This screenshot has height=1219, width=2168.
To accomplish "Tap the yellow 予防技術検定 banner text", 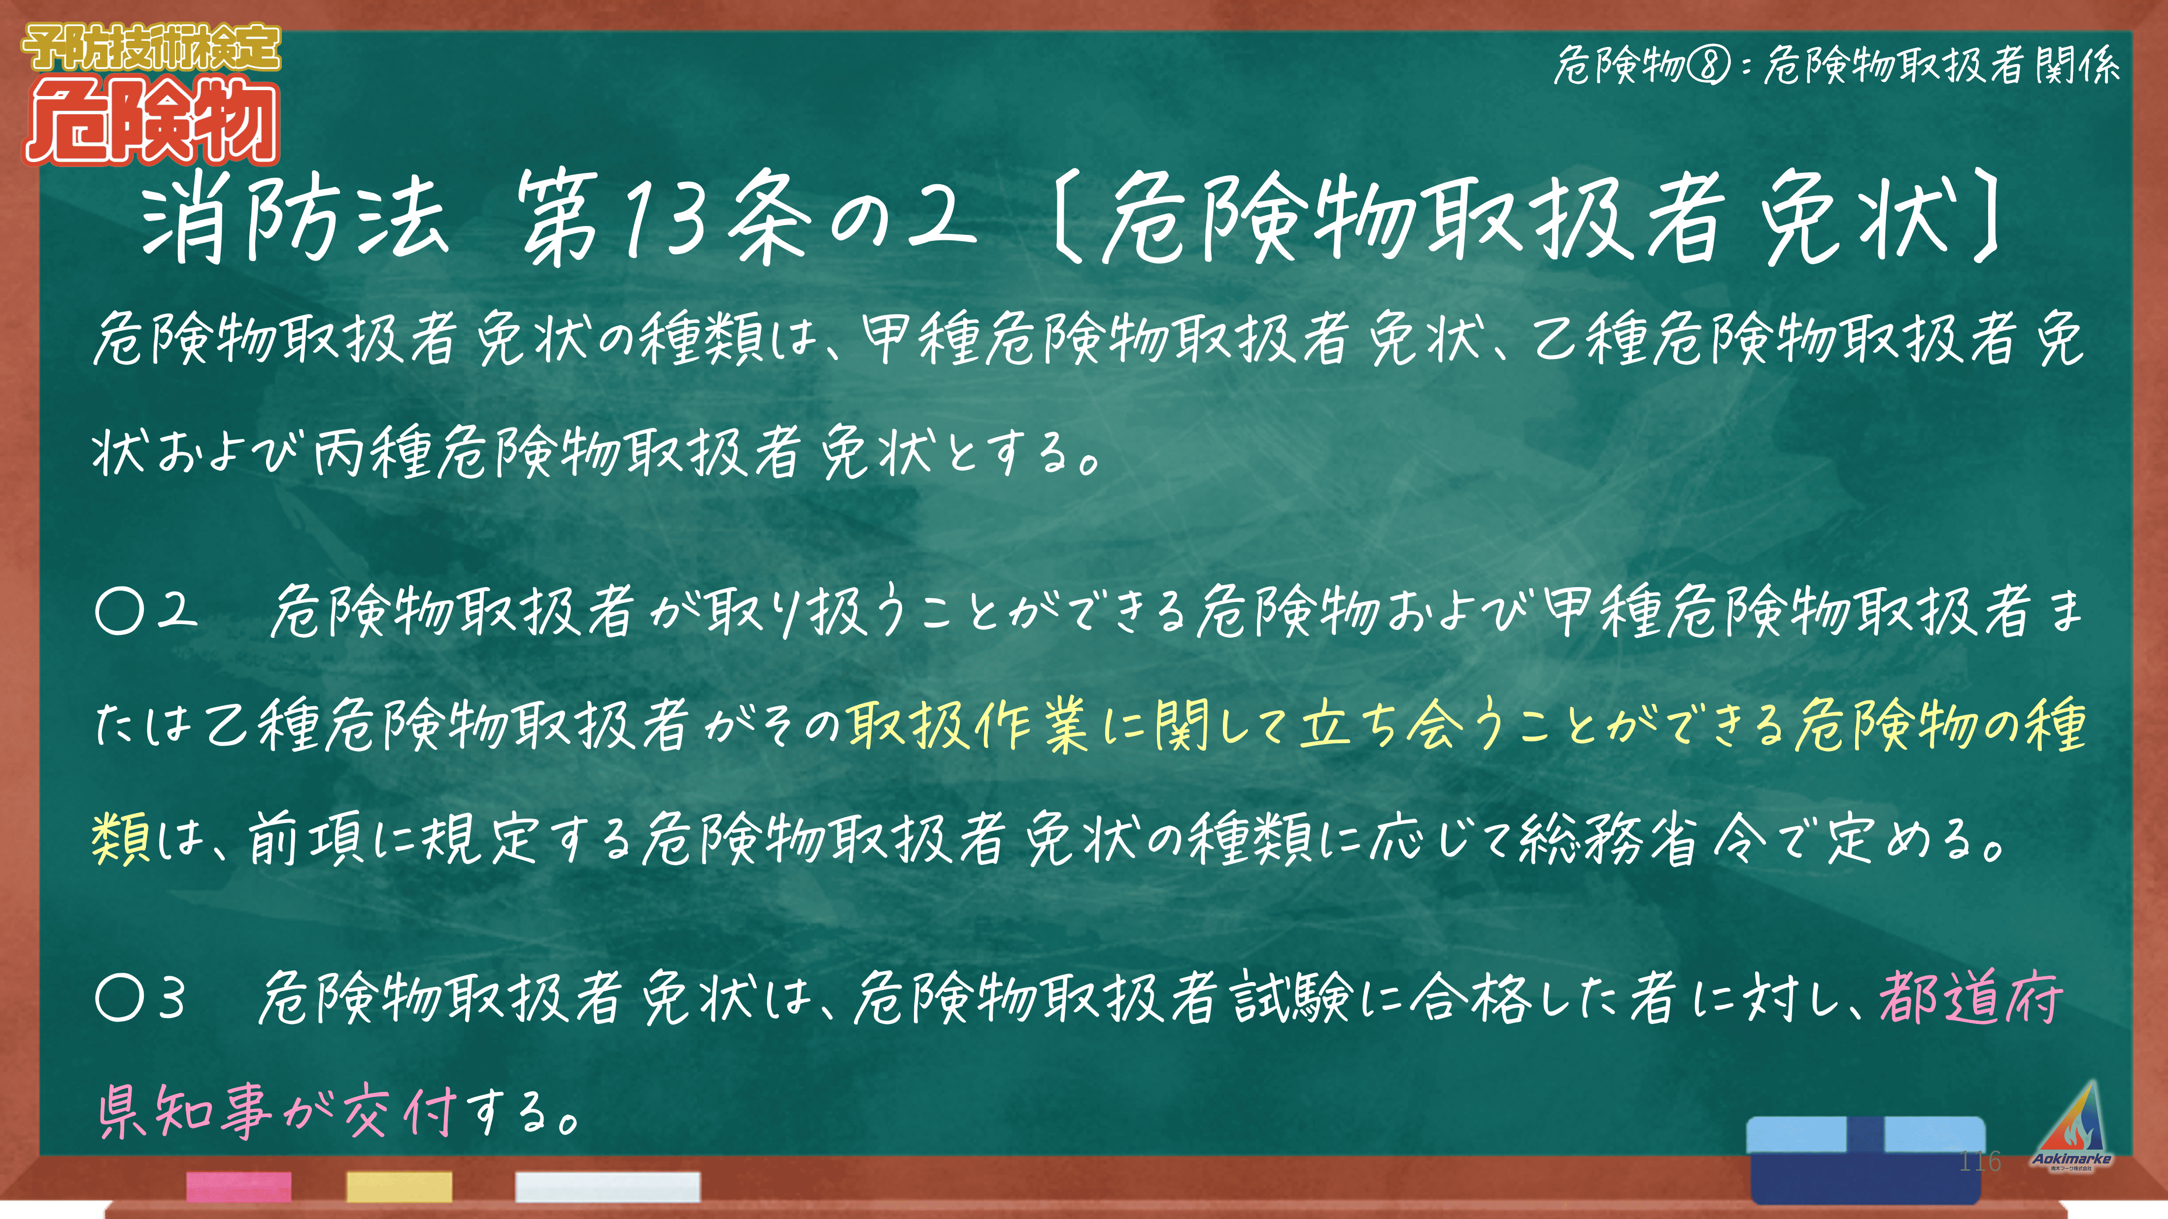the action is coord(151,48).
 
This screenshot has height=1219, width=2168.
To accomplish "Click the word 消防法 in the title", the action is coord(295,217).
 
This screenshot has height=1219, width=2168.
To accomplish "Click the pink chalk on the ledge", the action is coord(239,1186).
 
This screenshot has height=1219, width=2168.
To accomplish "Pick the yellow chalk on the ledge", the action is coord(399,1186).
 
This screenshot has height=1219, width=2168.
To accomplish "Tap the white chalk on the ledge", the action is coord(607,1186).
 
